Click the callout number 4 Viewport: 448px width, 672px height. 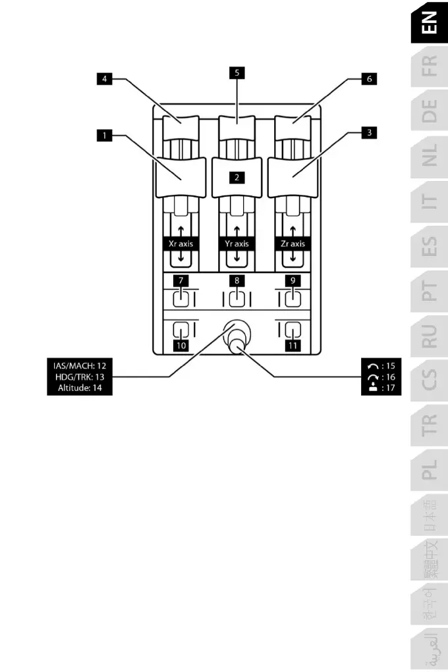coord(104,79)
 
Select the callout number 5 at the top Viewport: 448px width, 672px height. coord(237,73)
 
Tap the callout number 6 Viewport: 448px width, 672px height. coord(370,79)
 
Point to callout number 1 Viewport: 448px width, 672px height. coord(104,136)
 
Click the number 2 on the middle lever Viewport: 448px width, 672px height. coord(237,177)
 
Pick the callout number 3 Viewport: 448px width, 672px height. coord(370,132)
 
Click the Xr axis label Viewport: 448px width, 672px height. coord(181,244)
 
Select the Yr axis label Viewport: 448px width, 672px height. coord(237,244)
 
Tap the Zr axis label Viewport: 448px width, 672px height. coord(293,244)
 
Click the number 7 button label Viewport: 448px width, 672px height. coord(181,281)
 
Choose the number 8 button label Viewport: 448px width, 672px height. coord(237,281)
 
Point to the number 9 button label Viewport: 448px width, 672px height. coord(293,281)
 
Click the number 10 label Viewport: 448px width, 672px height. coord(181,346)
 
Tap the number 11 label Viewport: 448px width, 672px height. coord(293,346)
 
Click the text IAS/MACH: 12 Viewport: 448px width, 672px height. coord(80,365)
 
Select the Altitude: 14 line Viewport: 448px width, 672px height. coord(80,388)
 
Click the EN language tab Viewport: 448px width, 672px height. coord(429,22)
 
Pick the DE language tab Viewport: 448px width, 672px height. coord(429,111)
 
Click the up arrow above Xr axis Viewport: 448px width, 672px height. coord(181,231)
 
